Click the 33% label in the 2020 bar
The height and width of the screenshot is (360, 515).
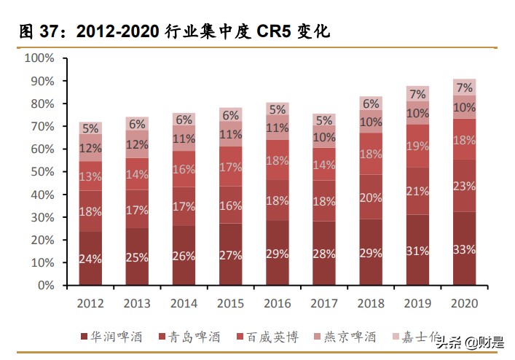click(465, 249)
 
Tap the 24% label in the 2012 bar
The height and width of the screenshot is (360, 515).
click(90, 259)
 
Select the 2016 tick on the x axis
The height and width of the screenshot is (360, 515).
click(278, 303)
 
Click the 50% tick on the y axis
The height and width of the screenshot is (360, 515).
click(42, 172)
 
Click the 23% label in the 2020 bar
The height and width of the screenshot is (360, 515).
click(465, 186)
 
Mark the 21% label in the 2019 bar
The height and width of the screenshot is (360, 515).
click(417, 191)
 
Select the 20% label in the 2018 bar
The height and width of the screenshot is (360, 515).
click(371, 197)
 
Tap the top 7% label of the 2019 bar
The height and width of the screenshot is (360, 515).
click(417, 94)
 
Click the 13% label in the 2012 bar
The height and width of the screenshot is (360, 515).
click(90, 176)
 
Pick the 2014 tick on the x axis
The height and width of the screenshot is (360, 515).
click(184, 303)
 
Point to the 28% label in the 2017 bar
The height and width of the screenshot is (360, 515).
click(324, 254)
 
